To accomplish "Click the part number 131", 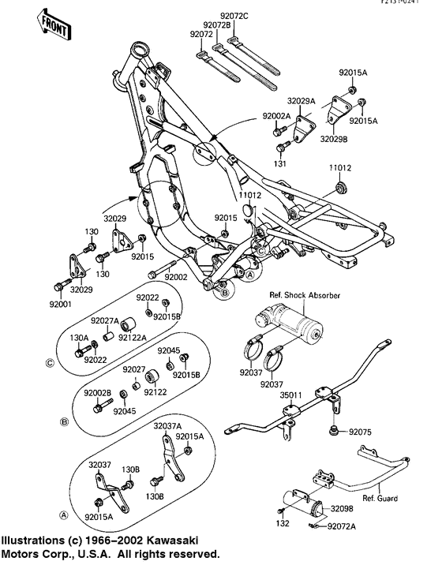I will tap(301, 163).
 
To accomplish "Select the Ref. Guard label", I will tap(380, 499).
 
